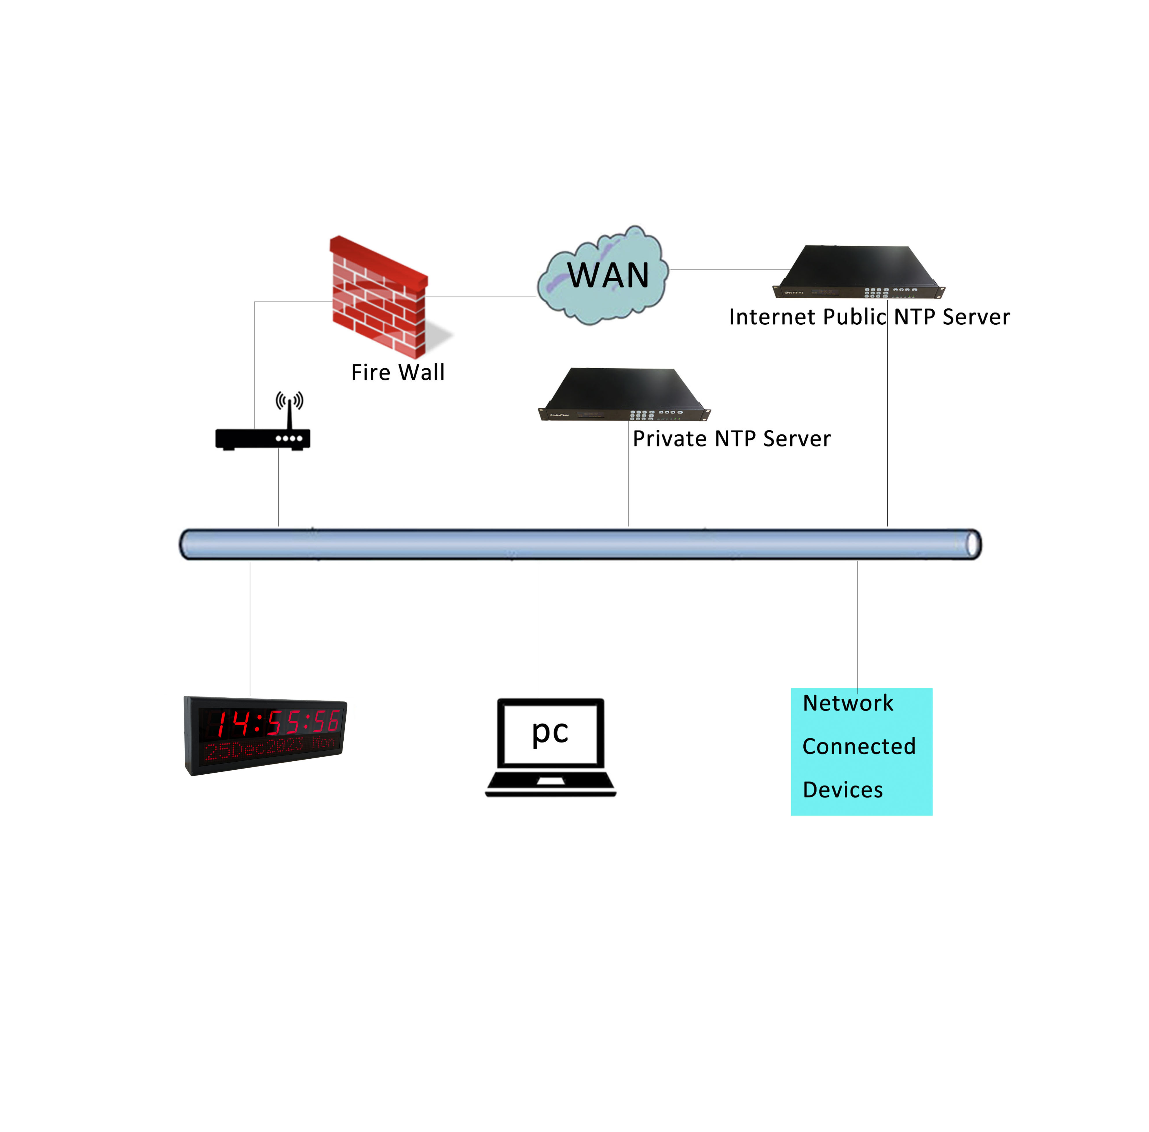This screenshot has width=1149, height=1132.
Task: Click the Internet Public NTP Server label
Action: click(869, 317)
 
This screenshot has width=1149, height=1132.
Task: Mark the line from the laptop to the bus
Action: click(539, 630)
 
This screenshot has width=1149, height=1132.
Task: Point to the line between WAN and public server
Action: click(729, 269)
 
